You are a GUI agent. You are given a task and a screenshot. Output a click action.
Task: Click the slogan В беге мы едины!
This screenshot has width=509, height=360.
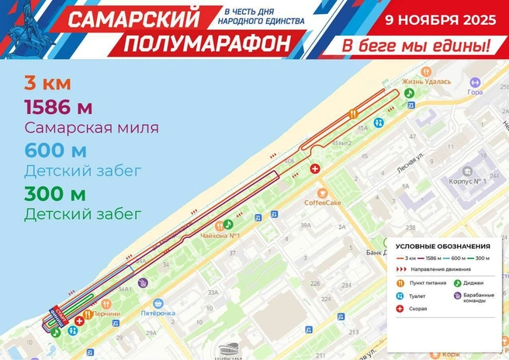[417, 45]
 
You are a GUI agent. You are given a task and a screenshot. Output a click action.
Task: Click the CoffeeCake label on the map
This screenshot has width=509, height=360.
[324, 203]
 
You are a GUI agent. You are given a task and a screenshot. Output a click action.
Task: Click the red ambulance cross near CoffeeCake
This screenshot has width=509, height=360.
[314, 169]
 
